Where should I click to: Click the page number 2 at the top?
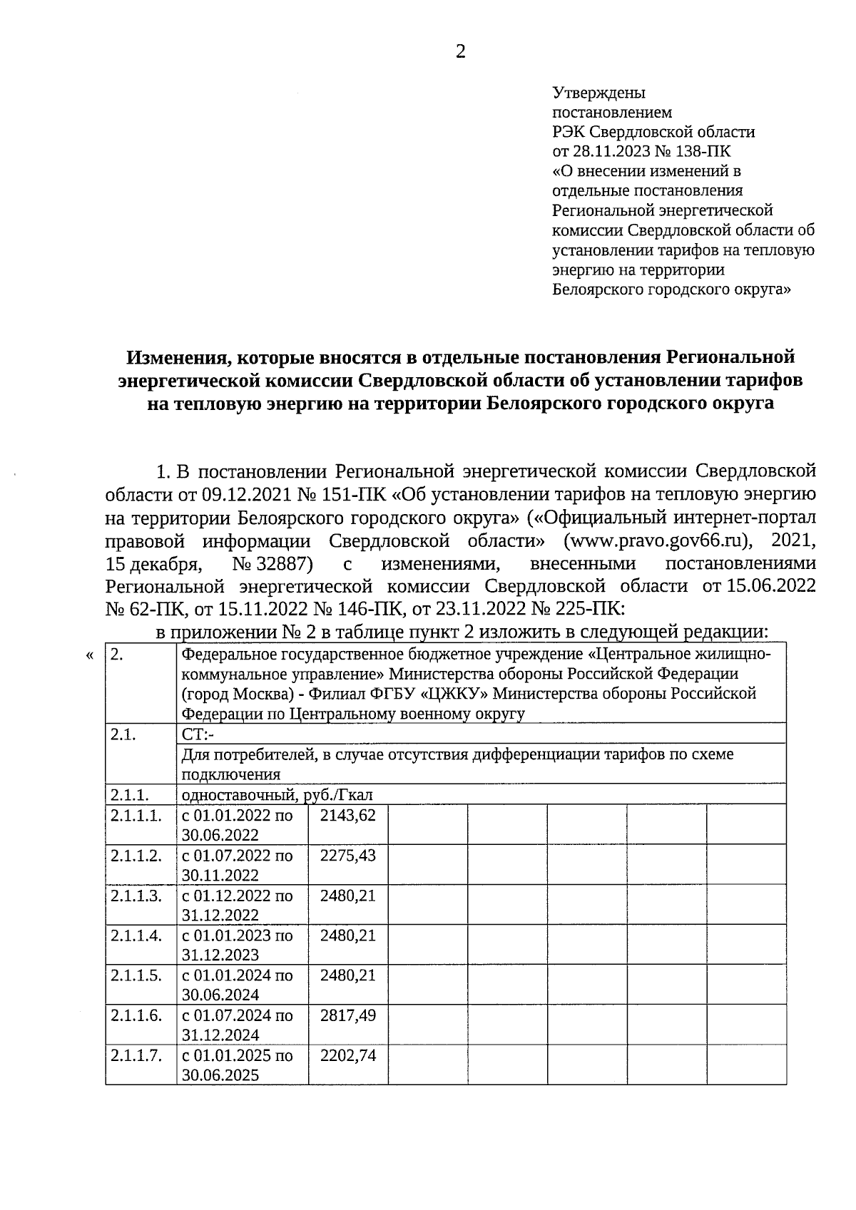point(460,51)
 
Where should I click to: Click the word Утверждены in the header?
point(599,93)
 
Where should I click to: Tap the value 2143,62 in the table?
point(347,815)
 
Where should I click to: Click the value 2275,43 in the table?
point(347,855)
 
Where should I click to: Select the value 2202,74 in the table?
point(347,1055)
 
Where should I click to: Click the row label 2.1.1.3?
point(136,895)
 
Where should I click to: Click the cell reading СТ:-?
point(199,734)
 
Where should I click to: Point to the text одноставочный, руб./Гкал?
point(277,794)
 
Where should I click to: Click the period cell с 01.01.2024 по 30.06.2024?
point(238,985)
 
